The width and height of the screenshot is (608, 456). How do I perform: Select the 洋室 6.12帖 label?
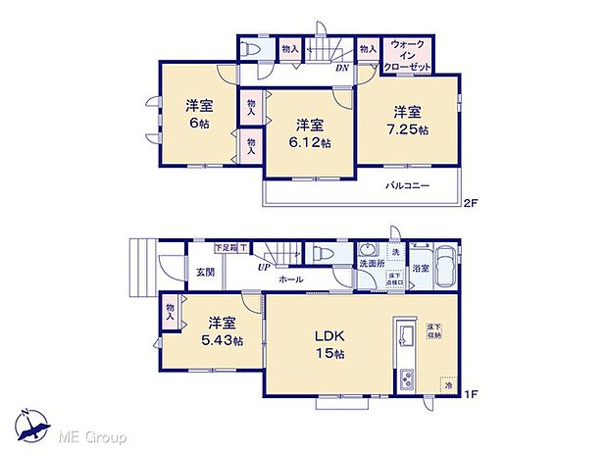(311, 132)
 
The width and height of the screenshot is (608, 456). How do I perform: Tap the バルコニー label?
(407, 185)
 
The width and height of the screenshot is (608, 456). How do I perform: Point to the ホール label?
(290, 280)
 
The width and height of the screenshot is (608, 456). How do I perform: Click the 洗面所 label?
(372, 264)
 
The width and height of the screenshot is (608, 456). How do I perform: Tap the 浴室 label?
(421, 266)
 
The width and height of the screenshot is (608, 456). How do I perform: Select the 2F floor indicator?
(471, 203)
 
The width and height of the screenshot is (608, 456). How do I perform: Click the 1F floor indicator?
(471, 395)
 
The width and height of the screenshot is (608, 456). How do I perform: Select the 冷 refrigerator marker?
(447, 385)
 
